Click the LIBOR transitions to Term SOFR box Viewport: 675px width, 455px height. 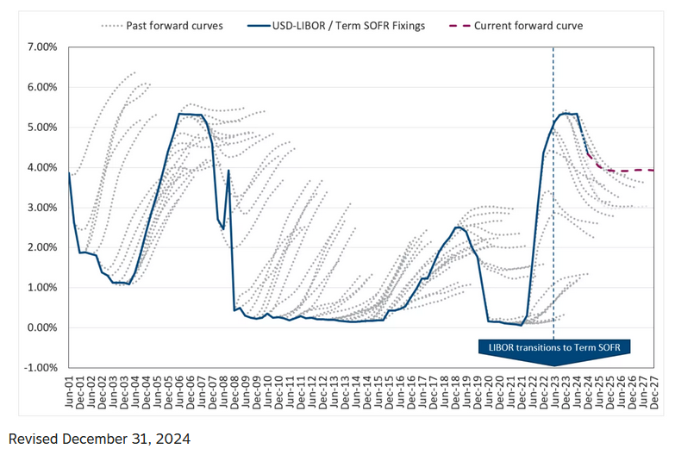[x=553, y=347]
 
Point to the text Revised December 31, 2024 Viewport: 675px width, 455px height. [x=98, y=438]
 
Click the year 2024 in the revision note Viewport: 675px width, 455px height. [x=172, y=438]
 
